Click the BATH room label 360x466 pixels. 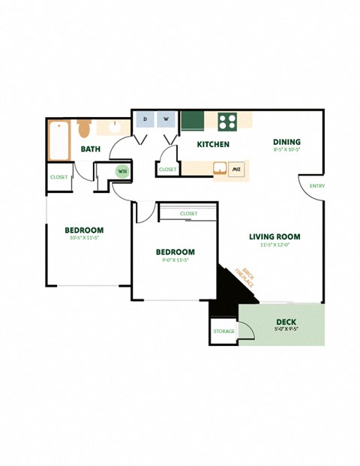click(91, 149)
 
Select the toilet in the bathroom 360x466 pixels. click(84, 125)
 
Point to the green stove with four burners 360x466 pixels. click(228, 120)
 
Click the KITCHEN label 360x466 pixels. click(213, 144)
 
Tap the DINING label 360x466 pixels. click(286, 141)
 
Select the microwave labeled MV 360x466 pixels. click(237, 169)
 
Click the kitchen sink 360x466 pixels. click(220, 169)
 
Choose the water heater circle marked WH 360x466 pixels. click(121, 171)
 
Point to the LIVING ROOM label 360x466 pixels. click(274, 236)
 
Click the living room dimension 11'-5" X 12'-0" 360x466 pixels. click(274, 245)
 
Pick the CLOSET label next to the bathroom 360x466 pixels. click(58, 177)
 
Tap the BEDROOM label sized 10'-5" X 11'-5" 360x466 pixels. click(83, 230)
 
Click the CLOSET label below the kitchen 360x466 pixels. click(168, 170)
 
